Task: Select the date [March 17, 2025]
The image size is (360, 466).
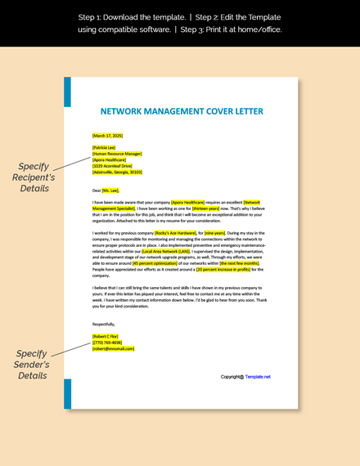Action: (x=107, y=135)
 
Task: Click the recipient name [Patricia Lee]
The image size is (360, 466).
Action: (x=104, y=147)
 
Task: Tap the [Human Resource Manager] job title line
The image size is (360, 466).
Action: (x=117, y=154)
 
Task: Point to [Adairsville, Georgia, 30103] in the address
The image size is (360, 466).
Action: (x=117, y=173)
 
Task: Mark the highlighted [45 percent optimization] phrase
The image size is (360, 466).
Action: (x=133, y=263)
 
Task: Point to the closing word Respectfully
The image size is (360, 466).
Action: (x=104, y=324)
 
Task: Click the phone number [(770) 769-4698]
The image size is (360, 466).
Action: (x=107, y=343)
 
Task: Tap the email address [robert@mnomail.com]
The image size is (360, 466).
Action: (x=113, y=348)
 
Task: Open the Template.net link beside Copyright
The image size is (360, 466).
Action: (x=258, y=377)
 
